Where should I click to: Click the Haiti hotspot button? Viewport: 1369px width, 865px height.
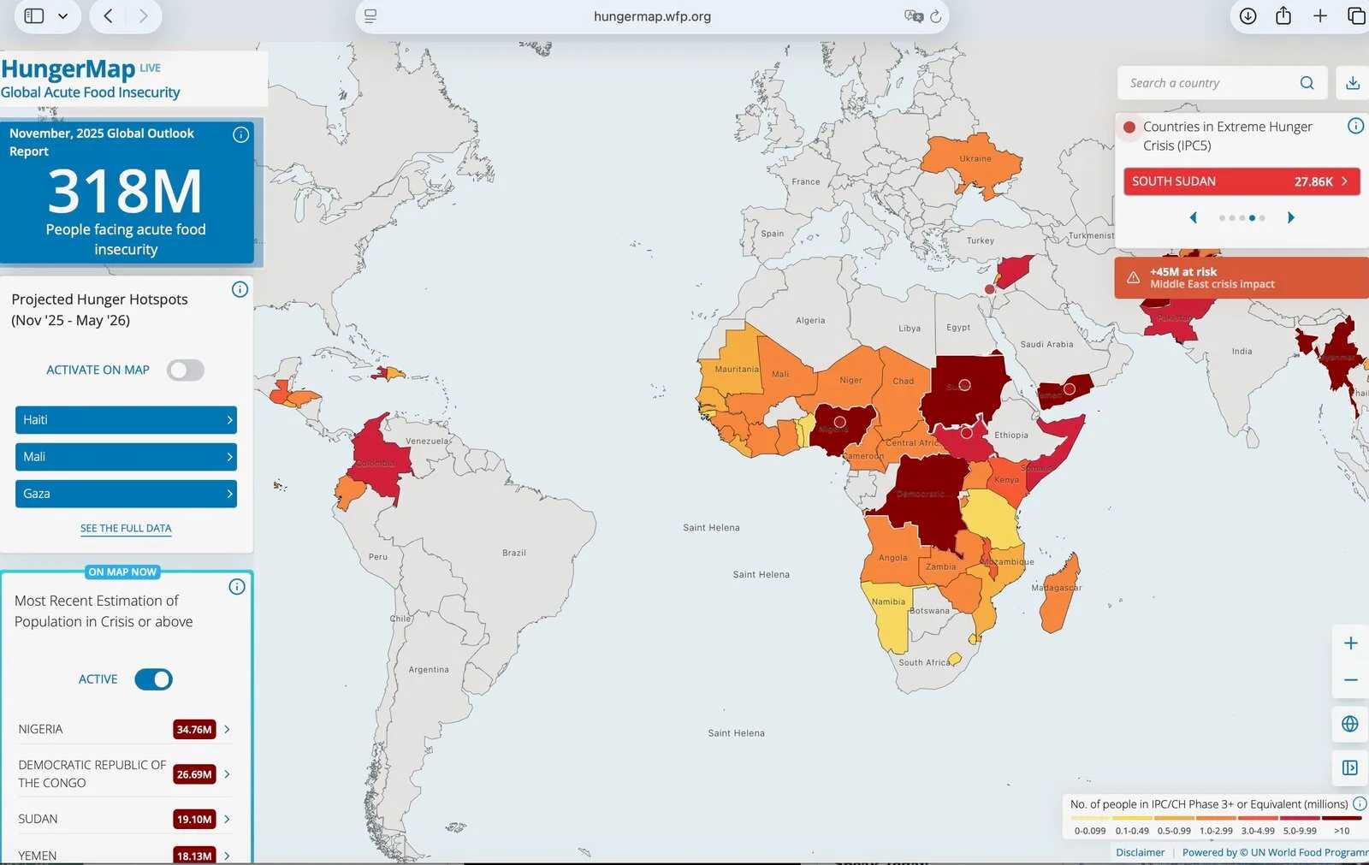click(126, 420)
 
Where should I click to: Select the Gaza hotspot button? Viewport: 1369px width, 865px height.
click(126, 494)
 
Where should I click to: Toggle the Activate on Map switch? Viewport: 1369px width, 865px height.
click(186, 370)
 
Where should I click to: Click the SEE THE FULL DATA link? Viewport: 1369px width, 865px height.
click(126, 529)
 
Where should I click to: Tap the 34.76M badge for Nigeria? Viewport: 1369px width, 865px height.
click(194, 730)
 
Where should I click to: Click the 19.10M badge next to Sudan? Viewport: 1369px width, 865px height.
click(194, 820)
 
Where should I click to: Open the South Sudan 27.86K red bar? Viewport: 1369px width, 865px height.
click(1241, 181)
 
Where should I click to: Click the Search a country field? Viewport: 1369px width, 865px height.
click(1211, 83)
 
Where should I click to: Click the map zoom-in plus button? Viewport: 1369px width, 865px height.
click(1350, 643)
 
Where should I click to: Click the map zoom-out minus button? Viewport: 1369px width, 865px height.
click(1350, 680)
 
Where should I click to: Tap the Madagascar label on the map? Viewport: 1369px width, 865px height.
click(1056, 588)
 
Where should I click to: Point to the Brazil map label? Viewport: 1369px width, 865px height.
click(514, 553)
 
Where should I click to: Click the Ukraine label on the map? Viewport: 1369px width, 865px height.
click(975, 158)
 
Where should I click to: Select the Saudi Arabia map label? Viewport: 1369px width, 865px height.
click(1046, 344)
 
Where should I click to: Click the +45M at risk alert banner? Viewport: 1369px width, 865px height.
click(1241, 278)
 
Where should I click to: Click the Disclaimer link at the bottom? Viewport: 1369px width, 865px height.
click(1140, 852)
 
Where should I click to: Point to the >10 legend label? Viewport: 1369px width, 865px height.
click(1341, 831)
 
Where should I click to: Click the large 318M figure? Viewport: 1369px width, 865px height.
click(126, 192)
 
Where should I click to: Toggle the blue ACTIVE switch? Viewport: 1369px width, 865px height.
click(154, 679)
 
